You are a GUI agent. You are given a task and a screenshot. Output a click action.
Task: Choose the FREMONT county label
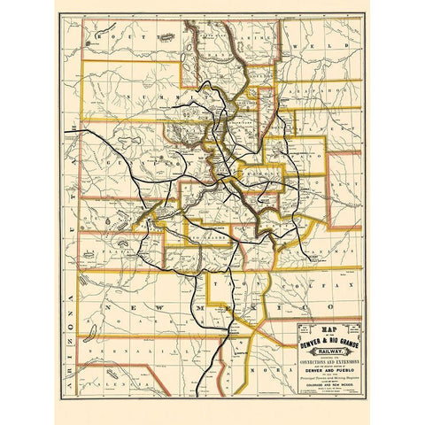click(x=258, y=175)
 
